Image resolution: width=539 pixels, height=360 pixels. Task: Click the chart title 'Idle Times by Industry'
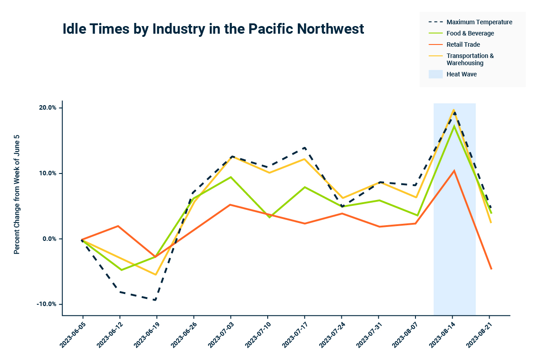[213, 29]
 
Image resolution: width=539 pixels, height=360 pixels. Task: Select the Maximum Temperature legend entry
[479, 22]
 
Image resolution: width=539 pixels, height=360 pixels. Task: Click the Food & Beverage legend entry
[470, 33]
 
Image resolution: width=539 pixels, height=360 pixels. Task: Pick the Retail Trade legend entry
[463, 44]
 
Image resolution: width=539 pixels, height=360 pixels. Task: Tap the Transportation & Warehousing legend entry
[470, 59]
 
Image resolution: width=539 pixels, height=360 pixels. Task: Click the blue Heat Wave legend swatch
[435, 74]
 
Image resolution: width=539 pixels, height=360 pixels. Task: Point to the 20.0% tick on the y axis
[47, 108]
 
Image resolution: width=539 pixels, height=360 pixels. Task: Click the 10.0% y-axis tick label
[47, 173]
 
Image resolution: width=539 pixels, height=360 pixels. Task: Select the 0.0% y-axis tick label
[48, 239]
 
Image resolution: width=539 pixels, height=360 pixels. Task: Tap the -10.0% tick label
[46, 304]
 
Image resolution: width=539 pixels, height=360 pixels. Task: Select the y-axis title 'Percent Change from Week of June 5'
[17, 194]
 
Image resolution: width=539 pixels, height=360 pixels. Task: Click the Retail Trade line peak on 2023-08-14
[454, 171]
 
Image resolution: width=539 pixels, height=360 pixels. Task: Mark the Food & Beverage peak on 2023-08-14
[454, 126]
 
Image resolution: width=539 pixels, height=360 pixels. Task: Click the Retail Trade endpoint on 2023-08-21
[491, 269]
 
